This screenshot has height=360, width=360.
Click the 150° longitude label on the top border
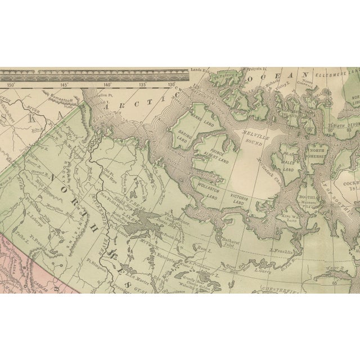pos(10,85)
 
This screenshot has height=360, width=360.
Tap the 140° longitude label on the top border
pos(108,85)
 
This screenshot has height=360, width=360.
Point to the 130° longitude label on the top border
pos(172,85)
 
